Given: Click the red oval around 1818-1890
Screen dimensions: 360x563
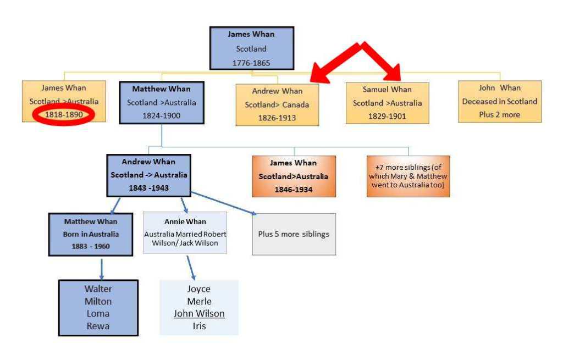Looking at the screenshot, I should click(64, 115).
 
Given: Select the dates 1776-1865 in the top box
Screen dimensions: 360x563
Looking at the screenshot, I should click(251, 63).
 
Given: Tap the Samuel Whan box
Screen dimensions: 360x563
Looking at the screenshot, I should click(387, 103).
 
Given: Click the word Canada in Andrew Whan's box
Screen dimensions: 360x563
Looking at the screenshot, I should click(297, 104).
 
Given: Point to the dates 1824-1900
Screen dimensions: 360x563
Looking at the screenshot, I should click(162, 115).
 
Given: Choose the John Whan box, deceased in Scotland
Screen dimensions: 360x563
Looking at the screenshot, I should click(499, 101).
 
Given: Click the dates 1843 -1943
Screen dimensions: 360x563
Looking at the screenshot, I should click(148, 187).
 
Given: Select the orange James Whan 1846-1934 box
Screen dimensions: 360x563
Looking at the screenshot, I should click(294, 176).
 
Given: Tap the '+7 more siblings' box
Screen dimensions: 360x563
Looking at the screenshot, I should click(408, 176).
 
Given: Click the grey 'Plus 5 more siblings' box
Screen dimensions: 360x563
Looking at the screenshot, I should click(294, 234).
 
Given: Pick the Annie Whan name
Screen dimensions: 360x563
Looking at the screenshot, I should click(185, 221).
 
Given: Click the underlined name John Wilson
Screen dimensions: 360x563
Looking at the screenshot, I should click(199, 313).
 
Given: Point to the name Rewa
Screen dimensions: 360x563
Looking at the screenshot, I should click(97, 326).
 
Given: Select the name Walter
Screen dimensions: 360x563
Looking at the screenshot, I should click(98, 289).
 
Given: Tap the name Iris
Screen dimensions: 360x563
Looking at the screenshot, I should click(199, 326).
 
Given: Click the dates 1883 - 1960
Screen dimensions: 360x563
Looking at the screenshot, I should click(91, 246).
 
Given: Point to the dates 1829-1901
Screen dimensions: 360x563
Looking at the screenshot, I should click(387, 116).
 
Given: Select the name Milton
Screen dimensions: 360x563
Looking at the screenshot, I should click(98, 301).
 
